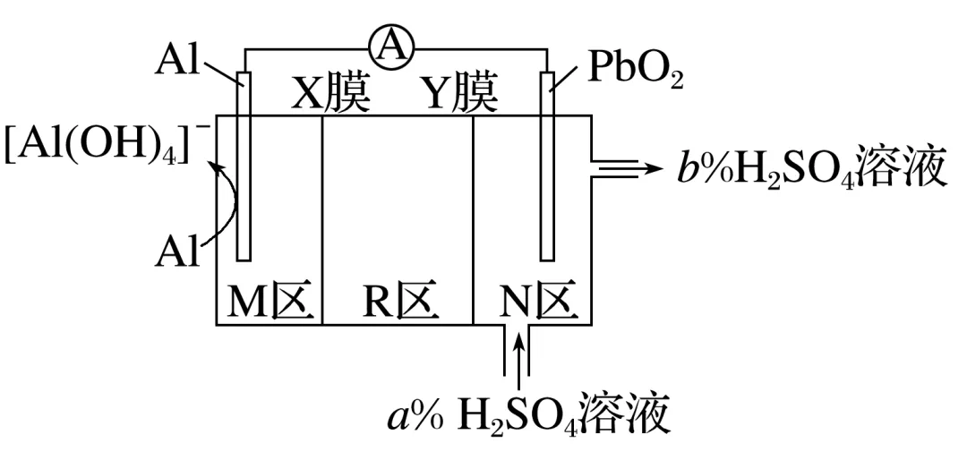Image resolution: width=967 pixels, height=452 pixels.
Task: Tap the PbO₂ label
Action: pos(635,71)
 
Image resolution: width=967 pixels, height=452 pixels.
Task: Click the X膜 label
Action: pos(330,95)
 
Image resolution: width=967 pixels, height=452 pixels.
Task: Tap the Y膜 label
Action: pos(459,95)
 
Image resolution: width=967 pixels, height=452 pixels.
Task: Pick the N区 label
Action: pos(534,304)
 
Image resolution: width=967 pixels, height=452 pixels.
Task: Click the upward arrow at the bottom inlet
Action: pos(518,354)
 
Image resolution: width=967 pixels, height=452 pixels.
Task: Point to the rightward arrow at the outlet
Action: pos(631,167)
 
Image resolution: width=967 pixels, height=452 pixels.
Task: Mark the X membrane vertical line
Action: pos(322,219)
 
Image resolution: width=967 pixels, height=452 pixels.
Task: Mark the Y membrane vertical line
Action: pos(473,219)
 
